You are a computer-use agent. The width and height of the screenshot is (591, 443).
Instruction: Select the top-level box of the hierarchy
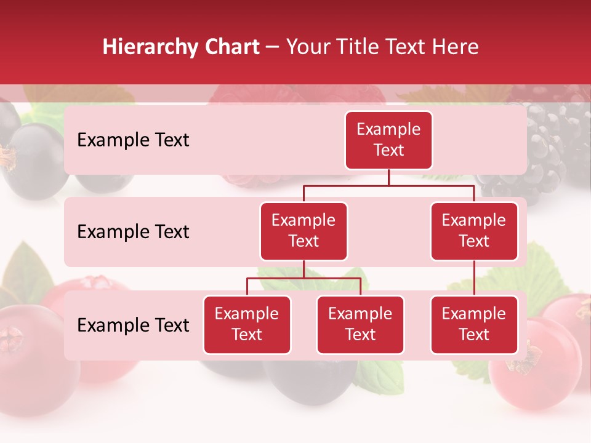click(388, 140)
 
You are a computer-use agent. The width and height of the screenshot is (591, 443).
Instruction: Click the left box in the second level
click(304, 231)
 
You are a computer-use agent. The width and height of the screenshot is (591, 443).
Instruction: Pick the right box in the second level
click(474, 231)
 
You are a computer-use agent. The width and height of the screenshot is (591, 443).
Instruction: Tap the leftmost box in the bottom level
click(247, 324)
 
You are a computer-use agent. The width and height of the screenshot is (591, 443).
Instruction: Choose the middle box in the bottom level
click(360, 324)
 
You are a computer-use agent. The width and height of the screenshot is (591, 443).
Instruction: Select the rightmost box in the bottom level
click(474, 324)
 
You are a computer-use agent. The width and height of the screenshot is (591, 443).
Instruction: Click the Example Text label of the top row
click(133, 140)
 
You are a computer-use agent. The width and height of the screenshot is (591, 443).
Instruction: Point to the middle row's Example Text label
click(133, 232)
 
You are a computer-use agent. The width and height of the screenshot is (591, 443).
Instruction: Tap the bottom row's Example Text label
click(133, 325)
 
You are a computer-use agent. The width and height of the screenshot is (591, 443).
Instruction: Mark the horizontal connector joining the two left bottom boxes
click(304, 278)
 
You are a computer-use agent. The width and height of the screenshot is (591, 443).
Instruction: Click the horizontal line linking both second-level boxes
click(388, 185)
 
